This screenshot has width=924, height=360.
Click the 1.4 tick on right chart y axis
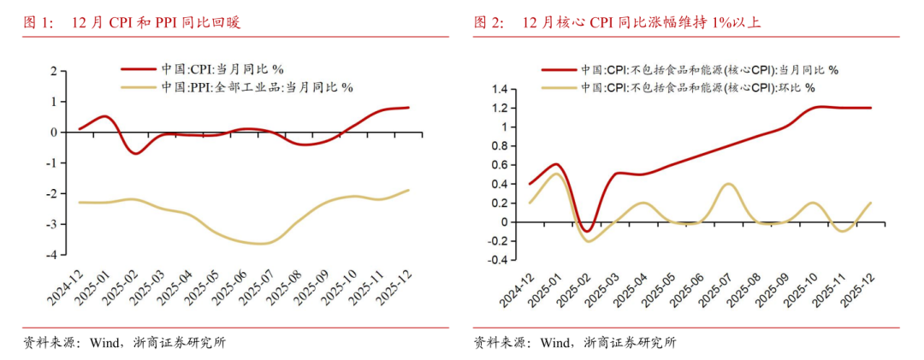point(500,89)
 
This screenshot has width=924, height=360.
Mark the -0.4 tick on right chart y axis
point(499,260)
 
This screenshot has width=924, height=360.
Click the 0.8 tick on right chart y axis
point(500,146)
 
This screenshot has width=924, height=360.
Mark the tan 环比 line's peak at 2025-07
point(727,184)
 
